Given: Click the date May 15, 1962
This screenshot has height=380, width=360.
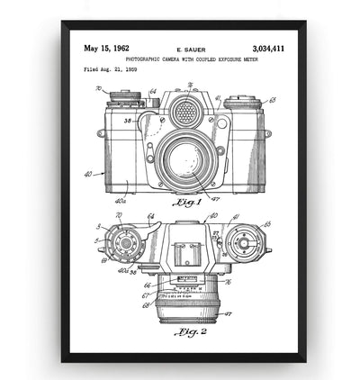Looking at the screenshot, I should tap(107, 49).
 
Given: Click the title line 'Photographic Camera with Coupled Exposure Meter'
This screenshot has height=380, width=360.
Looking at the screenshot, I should tap(191, 59).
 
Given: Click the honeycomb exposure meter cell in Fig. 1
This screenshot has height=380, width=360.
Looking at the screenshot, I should tap(185, 112).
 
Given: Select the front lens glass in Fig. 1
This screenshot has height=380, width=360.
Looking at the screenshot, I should tap(186, 159).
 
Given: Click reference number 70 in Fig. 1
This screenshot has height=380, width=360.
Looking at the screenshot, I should tap(98, 89).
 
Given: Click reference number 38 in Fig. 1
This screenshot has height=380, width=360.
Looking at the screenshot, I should tap(129, 120).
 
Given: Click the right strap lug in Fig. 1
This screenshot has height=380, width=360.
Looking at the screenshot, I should tap(268, 134).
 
